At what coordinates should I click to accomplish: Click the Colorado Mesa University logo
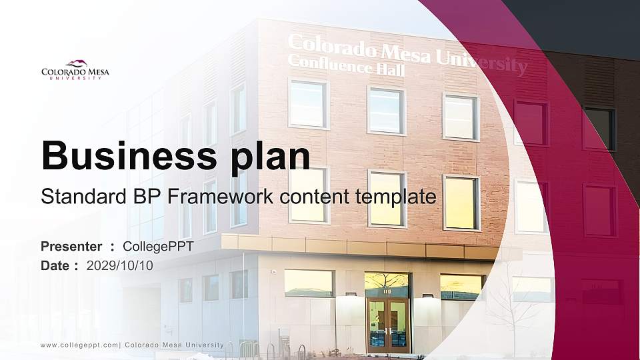point(75,69)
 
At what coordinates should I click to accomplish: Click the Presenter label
point(71,247)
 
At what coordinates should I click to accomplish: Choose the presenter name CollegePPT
point(159,247)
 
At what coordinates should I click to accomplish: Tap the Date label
point(55,265)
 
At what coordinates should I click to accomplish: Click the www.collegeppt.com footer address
point(79,345)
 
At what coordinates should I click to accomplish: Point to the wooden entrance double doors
point(387,325)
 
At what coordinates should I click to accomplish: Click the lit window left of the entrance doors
point(309,283)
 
